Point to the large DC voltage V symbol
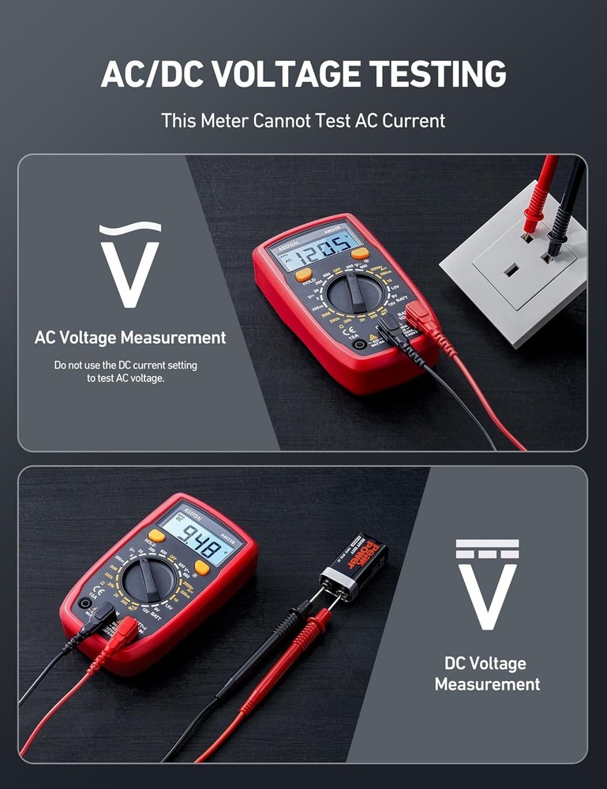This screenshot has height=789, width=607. pos(487,585)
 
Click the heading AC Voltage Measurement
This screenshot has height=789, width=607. pos(130,338)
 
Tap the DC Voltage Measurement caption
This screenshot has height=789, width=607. pos(487,674)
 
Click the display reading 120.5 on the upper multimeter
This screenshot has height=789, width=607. pos(315,250)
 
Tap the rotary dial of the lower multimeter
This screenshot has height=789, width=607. pos(149,581)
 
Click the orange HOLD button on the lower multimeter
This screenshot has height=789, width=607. pos(156,536)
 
